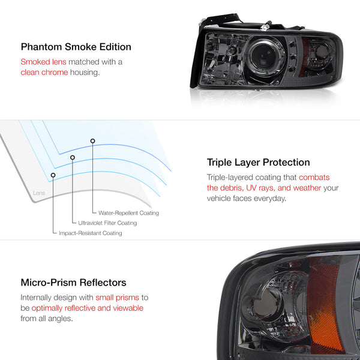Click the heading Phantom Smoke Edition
tap(76, 47)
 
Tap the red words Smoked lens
tap(43, 62)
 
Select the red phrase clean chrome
tap(44, 73)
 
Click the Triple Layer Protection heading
tap(258, 163)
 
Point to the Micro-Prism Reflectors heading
tap(73, 283)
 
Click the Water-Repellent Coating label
tap(128, 213)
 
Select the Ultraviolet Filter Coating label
tap(107, 223)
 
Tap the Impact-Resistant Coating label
tap(91, 233)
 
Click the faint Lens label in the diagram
tap(39, 193)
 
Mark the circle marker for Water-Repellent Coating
tap(92, 141)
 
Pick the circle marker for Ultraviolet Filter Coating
tap(73, 157)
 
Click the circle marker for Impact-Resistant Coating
tap(53, 175)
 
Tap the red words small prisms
tap(118, 298)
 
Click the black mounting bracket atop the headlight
tap(220, 20)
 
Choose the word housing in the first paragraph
tap(85, 73)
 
